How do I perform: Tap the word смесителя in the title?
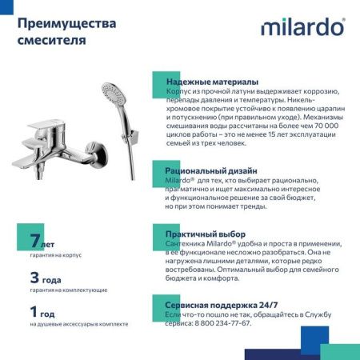point(51,40)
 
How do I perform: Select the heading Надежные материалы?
point(212,82)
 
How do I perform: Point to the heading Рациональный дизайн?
point(211,170)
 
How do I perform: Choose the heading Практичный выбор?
point(206,234)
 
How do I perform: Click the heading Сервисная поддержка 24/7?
point(222,305)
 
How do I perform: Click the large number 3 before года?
point(34,278)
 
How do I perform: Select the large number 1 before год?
point(34,311)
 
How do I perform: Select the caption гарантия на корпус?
point(55,254)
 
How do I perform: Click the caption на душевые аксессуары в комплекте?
point(78,324)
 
